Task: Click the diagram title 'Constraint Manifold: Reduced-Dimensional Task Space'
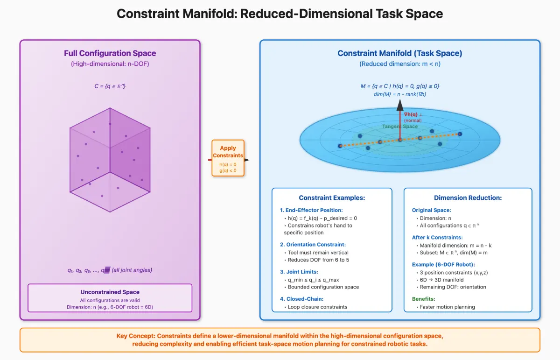(280, 14)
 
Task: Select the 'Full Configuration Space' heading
(110, 53)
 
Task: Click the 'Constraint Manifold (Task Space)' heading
(399, 53)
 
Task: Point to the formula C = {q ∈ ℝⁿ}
(110, 86)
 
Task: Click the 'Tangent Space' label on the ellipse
(400, 127)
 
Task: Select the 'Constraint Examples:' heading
(332, 198)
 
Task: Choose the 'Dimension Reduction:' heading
(468, 198)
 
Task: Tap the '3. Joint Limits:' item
(299, 272)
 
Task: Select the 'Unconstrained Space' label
(110, 292)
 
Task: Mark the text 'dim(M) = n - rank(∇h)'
(399, 94)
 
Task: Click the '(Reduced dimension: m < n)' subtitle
(399, 64)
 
